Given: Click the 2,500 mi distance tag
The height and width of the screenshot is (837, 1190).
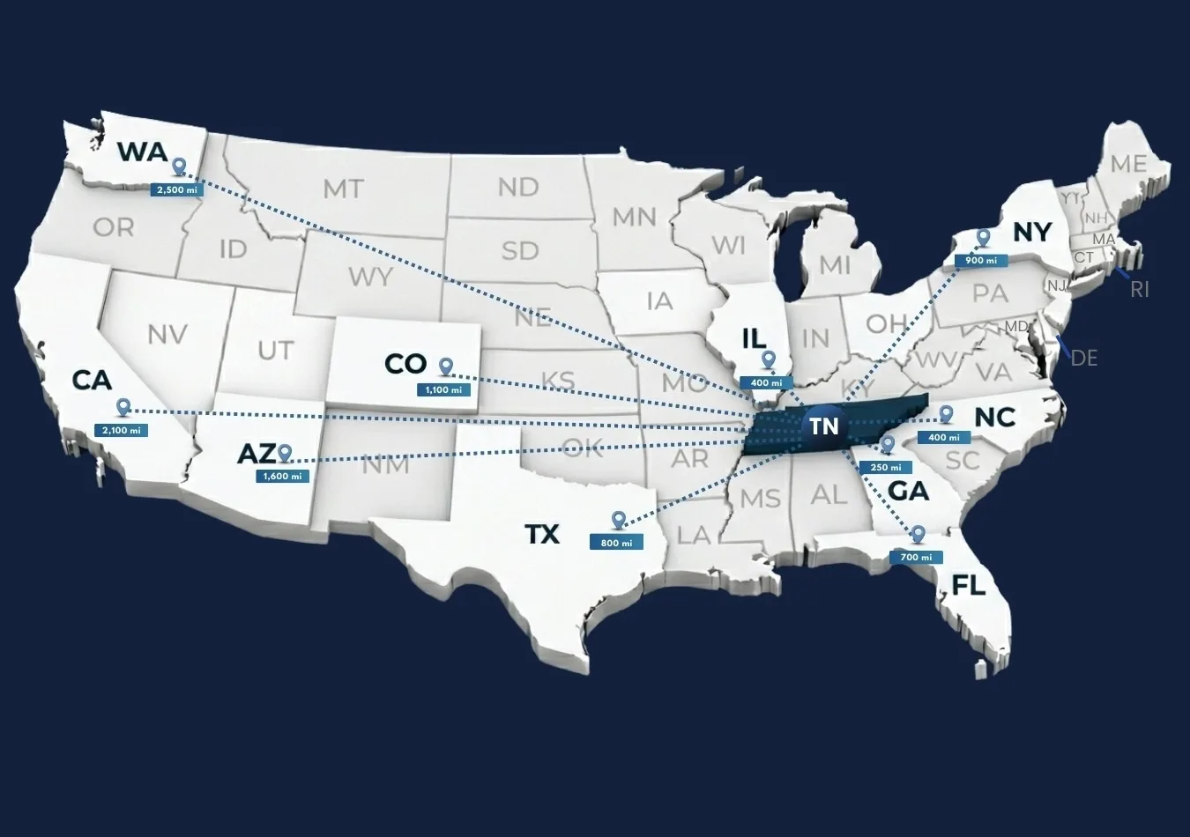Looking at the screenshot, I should pos(177,190).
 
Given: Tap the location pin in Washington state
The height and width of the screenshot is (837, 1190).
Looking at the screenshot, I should pos(180,167).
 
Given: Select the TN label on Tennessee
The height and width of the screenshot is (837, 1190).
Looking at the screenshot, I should pos(824,426).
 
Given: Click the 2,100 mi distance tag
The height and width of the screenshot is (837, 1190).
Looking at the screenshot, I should pos(121,431).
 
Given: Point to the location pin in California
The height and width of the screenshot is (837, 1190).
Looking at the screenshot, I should pos(123,407).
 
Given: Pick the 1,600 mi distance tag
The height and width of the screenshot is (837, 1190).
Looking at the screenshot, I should pos(283,477).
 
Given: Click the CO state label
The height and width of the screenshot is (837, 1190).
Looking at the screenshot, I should pos(405,363).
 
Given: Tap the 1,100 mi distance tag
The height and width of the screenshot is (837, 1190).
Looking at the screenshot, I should pos(443,389).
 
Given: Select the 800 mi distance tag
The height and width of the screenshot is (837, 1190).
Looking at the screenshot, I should pos(616,543).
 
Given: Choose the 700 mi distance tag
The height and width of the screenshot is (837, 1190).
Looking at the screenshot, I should pos(916,557).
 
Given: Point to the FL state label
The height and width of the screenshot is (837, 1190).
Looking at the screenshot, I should pos(968,585).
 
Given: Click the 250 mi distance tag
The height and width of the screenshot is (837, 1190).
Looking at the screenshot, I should pos(885,467).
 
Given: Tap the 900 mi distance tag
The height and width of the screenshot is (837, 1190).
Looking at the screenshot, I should pos(980,261).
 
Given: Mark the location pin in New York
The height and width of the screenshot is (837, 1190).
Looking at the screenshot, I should pos(984,237).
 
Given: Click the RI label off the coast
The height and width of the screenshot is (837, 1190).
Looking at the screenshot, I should pos(1140,290).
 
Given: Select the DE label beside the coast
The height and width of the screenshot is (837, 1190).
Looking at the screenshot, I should pos(1083,358).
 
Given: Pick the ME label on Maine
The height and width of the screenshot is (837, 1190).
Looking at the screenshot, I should pos(1128,164).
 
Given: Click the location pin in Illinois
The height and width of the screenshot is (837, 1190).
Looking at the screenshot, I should pos(769,359).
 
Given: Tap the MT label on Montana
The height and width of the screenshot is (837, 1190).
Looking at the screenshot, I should pos(343,188).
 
